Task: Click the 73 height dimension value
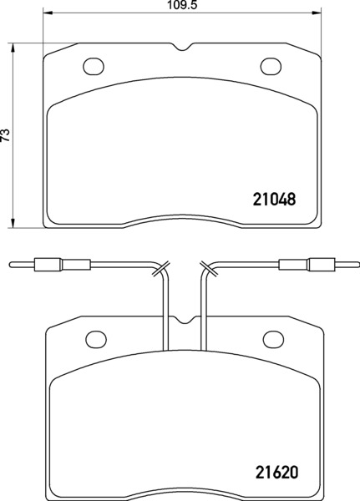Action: click(x=6, y=135)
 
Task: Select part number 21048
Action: click(x=274, y=200)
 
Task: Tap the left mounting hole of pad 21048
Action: click(x=94, y=67)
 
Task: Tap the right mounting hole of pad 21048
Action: click(x=271, y=67)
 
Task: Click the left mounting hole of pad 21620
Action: click(x=96, y=339)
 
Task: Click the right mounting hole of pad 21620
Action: click(x=273, y=339)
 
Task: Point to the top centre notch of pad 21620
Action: click(x=184, y=320)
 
